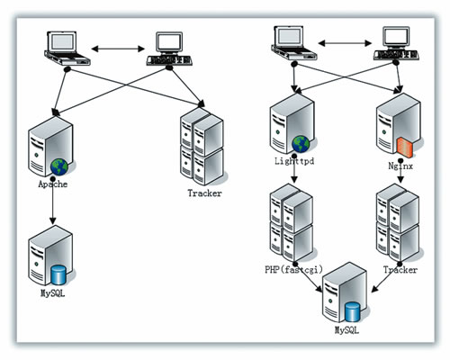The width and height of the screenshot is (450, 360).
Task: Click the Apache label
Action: click(x=53, y=184)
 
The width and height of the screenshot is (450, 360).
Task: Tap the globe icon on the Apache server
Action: click(x=59, y=167)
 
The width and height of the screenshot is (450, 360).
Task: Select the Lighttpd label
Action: click(x=294, y=161)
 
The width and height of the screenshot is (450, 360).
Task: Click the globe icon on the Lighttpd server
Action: click(x=301, y=144)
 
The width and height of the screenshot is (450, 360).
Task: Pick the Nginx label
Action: click(x=400, y=166)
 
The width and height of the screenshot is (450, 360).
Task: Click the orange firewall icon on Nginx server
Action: click(x=405, y=148)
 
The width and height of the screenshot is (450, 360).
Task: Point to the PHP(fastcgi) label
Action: click(x=293, y=269)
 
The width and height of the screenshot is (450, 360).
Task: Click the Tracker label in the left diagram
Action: click(x=204, y=193)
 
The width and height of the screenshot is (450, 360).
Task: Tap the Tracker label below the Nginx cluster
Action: click(x=400, y=270)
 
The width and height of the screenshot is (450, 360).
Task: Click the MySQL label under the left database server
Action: click(x=52, y=293)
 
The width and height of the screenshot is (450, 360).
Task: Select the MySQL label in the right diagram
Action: click(x=346, y=330)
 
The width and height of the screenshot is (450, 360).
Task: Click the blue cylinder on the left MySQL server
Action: click(x=58, y=274)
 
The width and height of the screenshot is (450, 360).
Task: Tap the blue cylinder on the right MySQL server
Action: click(x=352, y=312)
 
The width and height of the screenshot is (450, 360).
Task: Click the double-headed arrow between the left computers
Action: click(x=118, y=49)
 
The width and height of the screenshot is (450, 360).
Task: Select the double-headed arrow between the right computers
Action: click(x=345, y=43)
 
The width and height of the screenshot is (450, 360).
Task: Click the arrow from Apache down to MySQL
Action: click(x=53, y=201)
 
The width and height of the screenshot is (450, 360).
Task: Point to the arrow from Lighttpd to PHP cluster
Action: click(x=294, y=169)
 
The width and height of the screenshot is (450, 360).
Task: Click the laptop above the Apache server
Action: click(x=67, y=48)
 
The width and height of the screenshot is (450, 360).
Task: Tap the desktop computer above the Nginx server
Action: click(x=396, y=43)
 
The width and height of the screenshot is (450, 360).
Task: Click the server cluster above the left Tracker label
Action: click(x=202, y=147)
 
